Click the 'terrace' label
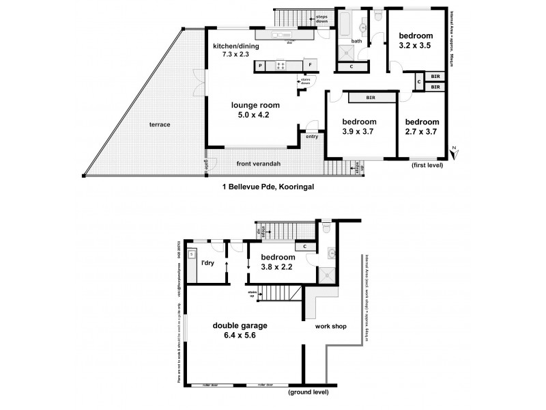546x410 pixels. point(161,125)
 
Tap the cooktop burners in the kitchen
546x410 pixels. point(280,66)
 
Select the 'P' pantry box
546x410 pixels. point(260,66)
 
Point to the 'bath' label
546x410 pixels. point(356,41)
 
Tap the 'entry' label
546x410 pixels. point(312,136)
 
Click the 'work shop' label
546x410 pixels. point(331,326)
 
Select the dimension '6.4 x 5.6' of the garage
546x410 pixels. point(239,337)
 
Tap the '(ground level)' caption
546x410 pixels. point(308,392)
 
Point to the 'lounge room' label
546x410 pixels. point(256,105)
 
